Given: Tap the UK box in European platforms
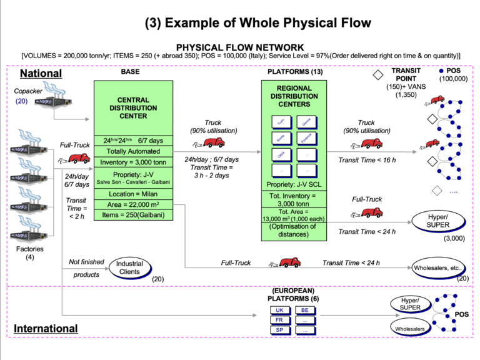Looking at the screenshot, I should click(x=280, y=310).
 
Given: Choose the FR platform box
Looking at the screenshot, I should click(x=280, y=320).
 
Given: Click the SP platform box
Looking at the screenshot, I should click(x=280, y=330).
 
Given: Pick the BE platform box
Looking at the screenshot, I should click(x=304, y=310).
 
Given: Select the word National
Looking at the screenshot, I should click(x=41, y=73).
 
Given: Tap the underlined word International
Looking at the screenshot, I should click(x=46, y=328).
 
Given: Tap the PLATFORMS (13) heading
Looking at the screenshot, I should click(x=295, y=72).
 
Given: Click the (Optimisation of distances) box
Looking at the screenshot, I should click(x=295, y=231).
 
